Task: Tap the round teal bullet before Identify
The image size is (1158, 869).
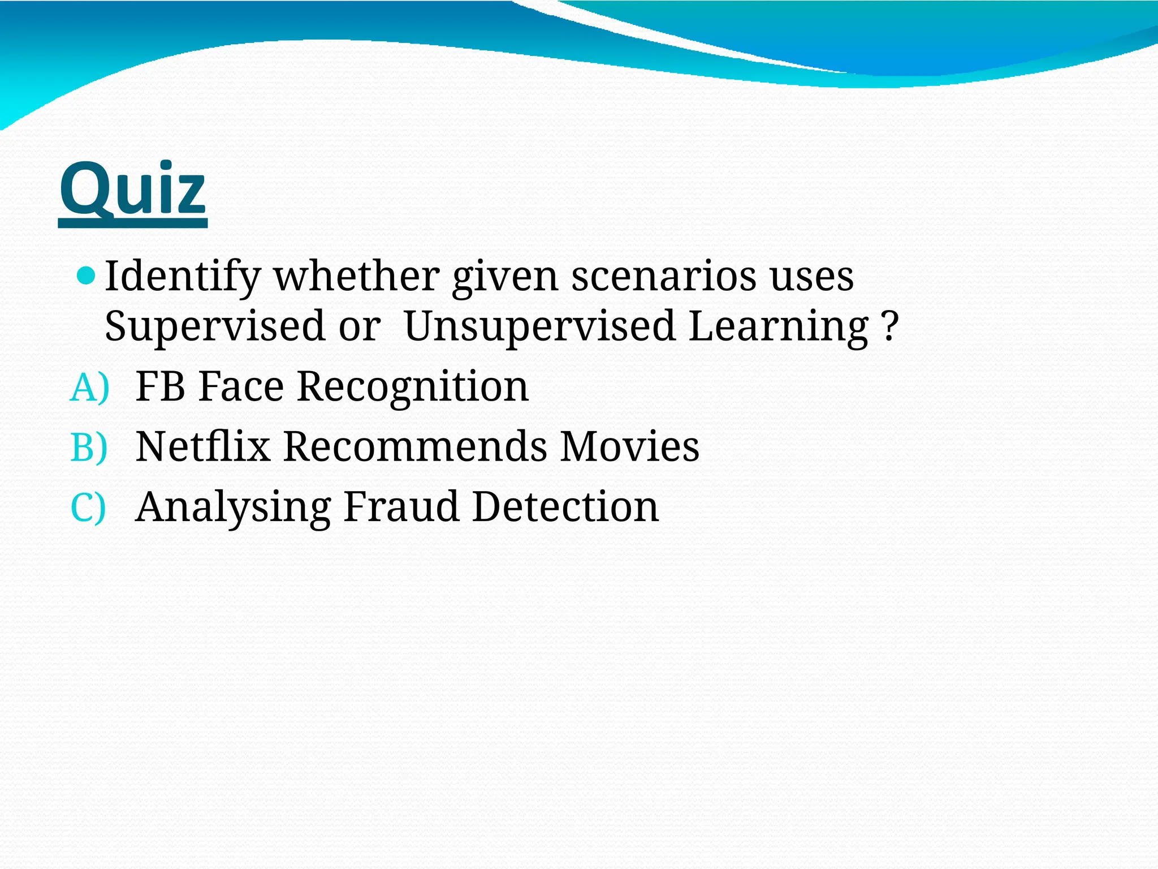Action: click(x=87, y=276)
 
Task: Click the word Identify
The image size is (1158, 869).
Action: click(x=182, y=277)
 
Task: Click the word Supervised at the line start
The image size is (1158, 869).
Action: click(x=214, y=327)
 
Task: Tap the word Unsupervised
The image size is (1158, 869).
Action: click(x=540, y=327)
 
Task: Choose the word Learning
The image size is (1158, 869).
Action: click(x=778, y=327)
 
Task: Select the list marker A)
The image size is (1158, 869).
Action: click(x=89, y=388)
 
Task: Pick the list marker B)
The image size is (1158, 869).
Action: click(x=89, y=448)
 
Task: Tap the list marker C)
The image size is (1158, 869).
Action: click(x=88, y=507)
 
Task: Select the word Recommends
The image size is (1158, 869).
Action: click(x=415, y=447)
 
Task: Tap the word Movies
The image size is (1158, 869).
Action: click(x=630, y=447)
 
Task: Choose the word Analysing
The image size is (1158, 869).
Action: click(x=234, y=507)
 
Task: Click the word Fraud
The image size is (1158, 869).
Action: click(x=401, y=506)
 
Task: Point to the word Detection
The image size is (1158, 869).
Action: click(x=565, y=506)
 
